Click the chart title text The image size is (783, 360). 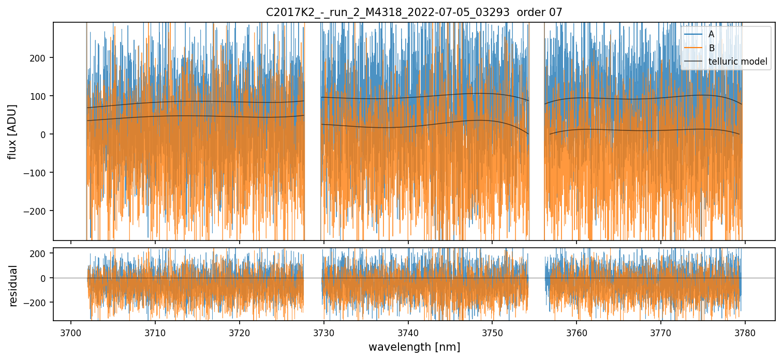coord(414,12)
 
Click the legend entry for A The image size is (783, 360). coord(711,35)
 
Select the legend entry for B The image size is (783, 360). coord(711,49)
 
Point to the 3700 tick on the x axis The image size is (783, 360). coord(71,332)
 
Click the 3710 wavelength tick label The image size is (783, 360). coord(155,332)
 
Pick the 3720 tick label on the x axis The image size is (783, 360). coord(240,332)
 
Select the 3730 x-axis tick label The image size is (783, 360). coord(324,332)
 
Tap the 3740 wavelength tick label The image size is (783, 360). coord(408,332)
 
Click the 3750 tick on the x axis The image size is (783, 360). coord(492,332)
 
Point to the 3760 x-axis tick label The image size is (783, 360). coord(577,332)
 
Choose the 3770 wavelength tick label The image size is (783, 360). coord(661,332)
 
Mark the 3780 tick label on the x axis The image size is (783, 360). coord(745,332)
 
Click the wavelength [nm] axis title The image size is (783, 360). coord(414,347)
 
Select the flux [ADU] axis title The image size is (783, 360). coord(12,131)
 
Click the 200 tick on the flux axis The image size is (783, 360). coord(41,57)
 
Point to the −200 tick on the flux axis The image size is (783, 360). coord(39,211)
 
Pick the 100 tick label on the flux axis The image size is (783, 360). coord(41,96)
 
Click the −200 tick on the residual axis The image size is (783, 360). coord(39,302)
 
